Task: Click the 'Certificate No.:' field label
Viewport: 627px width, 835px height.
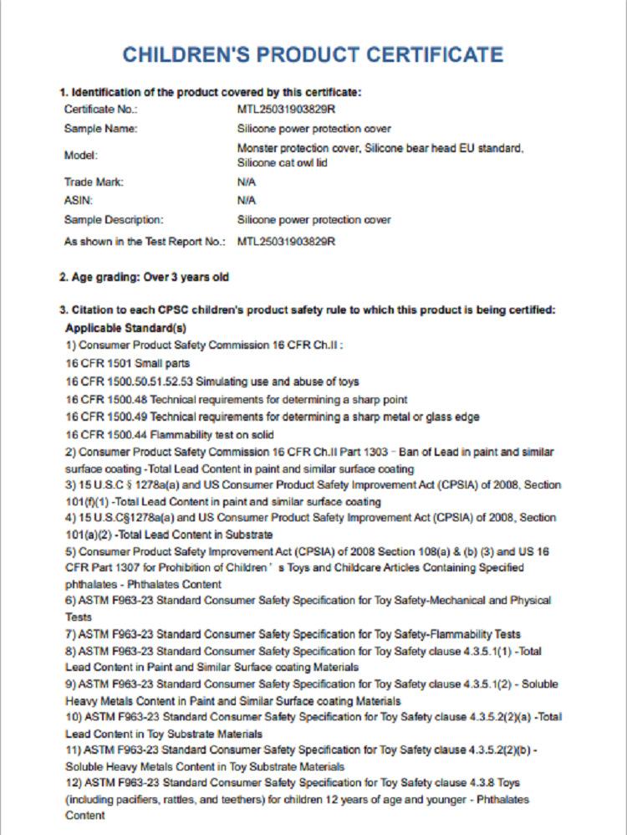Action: pyautogui.click(x=100, y=110)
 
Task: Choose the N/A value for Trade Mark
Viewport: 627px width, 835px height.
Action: pyautogui.click(x=247, y=182)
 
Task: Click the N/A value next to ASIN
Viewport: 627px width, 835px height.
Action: pyautogui.click(x=247, y=201)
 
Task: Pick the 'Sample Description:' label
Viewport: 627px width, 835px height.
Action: pyautogui.click(x=114, y=220)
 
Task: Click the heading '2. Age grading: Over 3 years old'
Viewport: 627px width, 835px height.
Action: pyautogui.click(x=144, y=277)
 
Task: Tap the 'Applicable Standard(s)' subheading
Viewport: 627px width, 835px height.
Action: pyautogui.click(x=125, y=328)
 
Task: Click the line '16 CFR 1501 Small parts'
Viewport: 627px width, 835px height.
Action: pyautogui.click(x=128, y=363)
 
